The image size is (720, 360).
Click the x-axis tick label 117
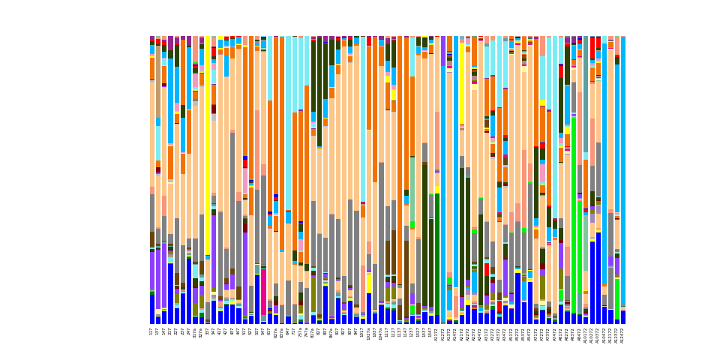(x=152, y=331)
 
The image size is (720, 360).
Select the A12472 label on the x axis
(x=623, y=335)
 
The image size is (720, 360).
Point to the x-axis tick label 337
(x=208, y=331)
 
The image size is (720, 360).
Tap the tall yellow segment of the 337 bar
(x=208, y=112)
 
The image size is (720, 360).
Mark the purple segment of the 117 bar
(x=152, y=270)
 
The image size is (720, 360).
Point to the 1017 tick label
(x=363, y=332)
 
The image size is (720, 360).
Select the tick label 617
(x=269, y=331)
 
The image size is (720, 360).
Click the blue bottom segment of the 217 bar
(x=170, y=293)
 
